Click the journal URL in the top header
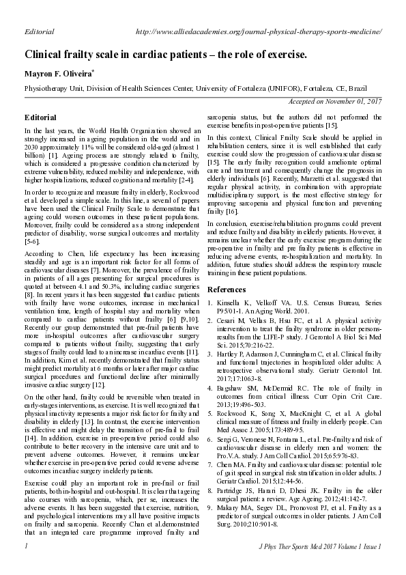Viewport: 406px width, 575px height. (259, 32)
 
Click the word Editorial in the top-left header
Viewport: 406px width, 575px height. (39, 32)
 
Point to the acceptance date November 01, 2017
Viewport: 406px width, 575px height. (335, 101)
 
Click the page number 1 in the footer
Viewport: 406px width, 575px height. (25, 565)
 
